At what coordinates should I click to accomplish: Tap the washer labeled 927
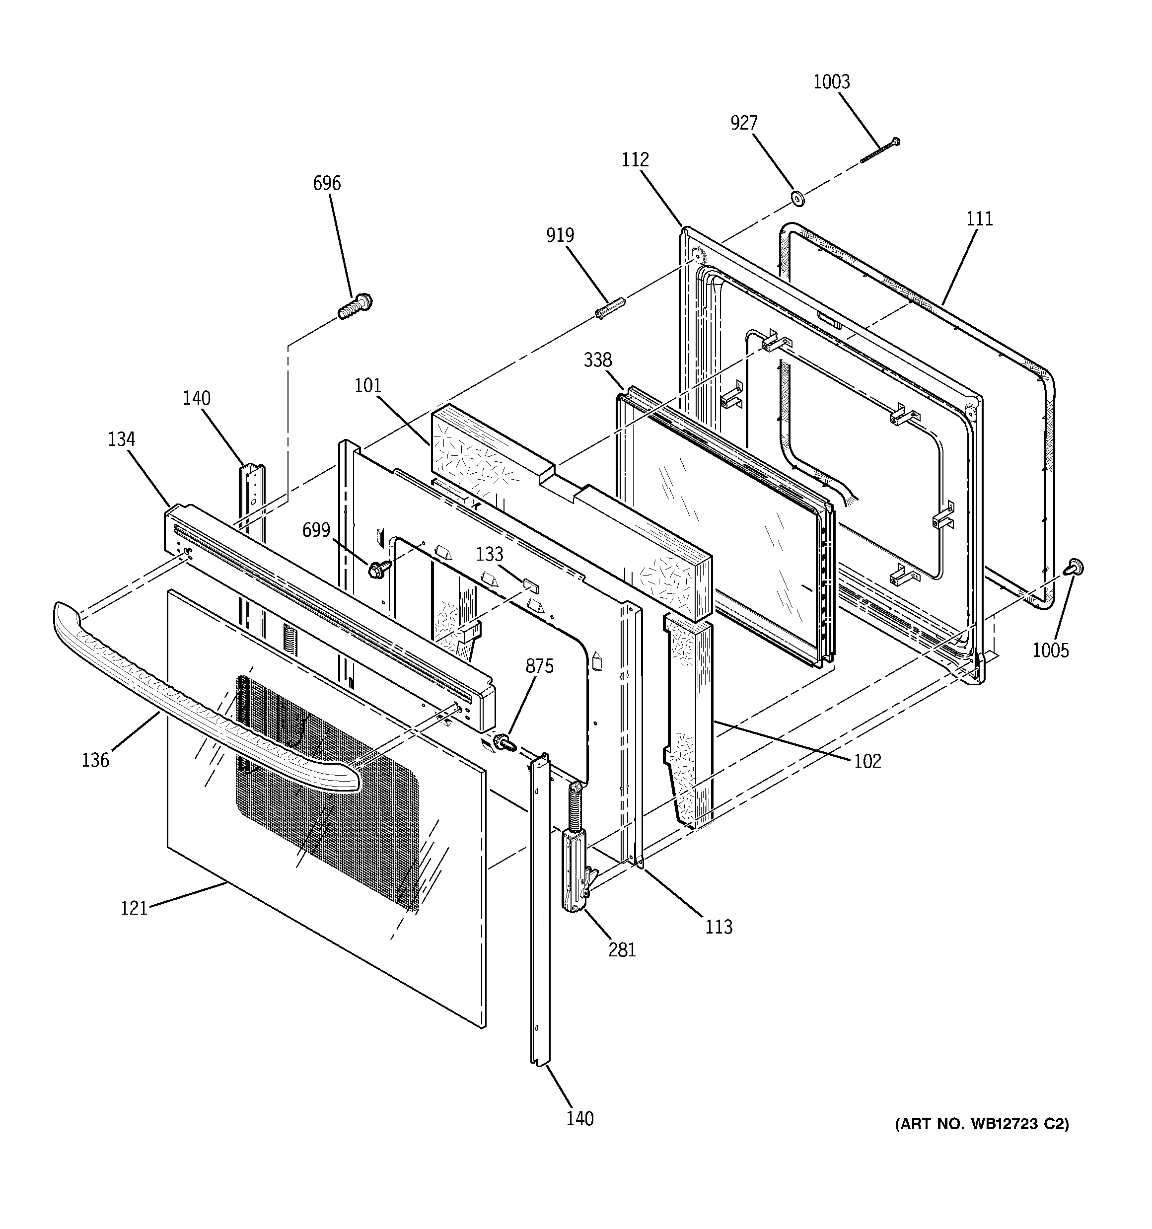point(797,199)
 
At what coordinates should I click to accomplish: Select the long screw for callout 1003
point(879,151)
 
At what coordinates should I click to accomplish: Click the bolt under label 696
point(355,307)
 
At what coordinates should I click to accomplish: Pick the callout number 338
point(597,360)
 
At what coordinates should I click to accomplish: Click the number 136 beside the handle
point(95,760)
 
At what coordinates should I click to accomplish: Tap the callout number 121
point(134,908)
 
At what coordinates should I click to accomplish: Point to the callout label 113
point(719,927)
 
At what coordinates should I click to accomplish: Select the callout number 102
point(867,761)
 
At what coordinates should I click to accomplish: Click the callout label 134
point(121,439)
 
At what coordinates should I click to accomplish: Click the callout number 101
point(368,386)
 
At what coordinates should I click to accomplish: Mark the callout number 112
point(635,160)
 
